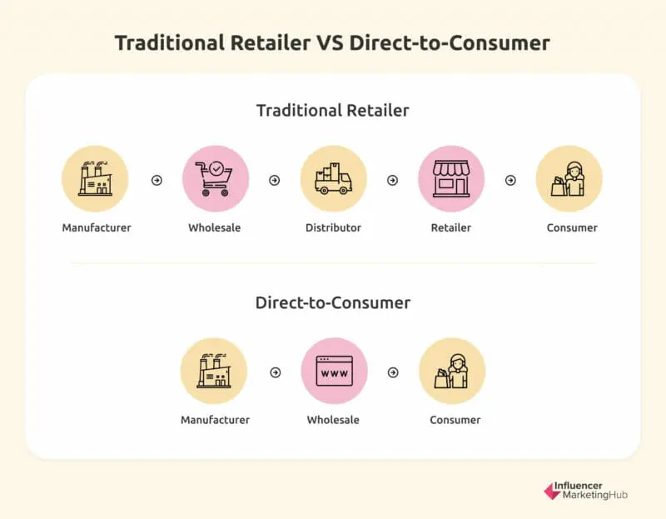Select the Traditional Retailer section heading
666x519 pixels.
pos(332,110)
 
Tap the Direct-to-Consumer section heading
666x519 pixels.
pos(332,302)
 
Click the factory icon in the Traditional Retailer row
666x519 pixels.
pos(95,179)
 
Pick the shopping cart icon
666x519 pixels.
pos(215,179)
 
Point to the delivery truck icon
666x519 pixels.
pos(333,179)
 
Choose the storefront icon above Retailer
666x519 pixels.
pos(451,179)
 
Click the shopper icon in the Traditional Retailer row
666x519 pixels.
pos(569,179)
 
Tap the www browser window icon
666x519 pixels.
pos(333,371)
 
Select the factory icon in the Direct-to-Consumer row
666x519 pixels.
pos(214,371)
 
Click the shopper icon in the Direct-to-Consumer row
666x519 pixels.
pos(452,371)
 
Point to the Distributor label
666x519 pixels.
pos(333,227)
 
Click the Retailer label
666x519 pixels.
pos(451,227)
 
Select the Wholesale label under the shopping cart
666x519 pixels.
pos(215,227)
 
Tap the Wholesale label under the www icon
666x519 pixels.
pos(333,420)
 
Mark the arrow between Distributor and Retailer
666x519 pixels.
pos(392,180)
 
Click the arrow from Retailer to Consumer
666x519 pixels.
pos(510,180)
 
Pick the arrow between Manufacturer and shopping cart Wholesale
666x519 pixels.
pos(157,180)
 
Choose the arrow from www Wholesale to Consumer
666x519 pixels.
pos(393,372)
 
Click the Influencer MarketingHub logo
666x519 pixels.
pos(585,491)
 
